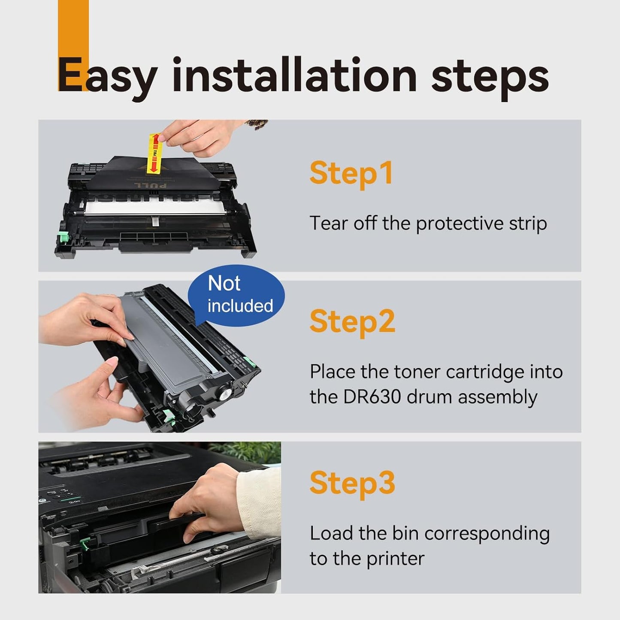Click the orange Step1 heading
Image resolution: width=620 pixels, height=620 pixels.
tap(351, 173)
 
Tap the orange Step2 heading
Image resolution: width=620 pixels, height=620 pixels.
tap(352, 322)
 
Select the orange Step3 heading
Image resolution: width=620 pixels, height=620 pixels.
tap(352, 483)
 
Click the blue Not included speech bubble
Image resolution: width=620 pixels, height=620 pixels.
tap(236, 295)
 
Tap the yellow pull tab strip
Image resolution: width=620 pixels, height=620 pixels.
tap(154, 153)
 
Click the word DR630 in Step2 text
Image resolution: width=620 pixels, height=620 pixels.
tap(372, 397)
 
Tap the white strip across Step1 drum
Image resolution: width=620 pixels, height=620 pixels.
tap(154, 207)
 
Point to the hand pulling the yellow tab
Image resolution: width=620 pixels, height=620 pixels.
tap(202, 135)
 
